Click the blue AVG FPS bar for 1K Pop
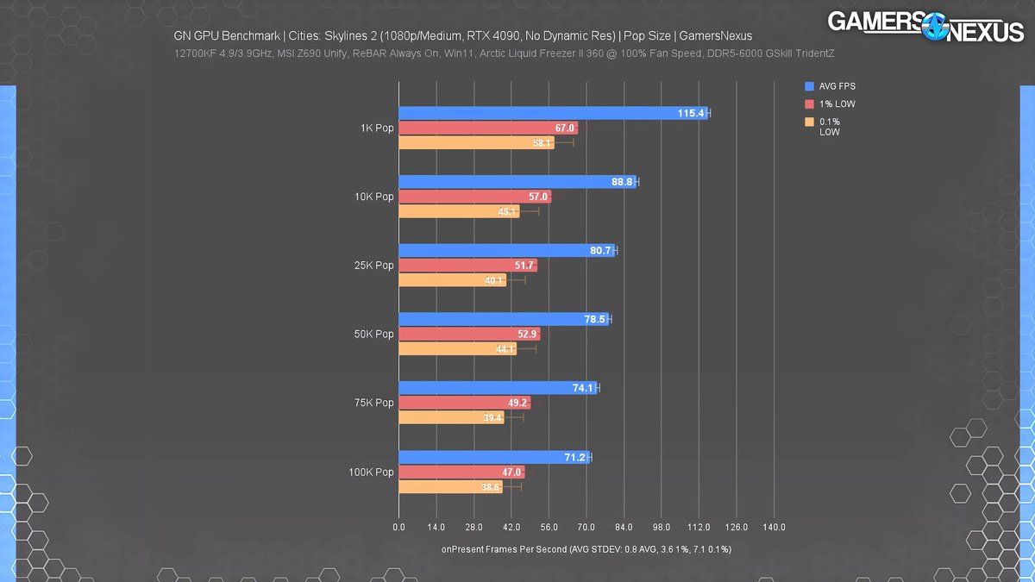click(552, 113)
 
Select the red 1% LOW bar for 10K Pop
click(474, 197)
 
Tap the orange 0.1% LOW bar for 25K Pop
click(452, 280)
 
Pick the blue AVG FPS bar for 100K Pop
click(493, 457)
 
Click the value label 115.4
click(691, 113)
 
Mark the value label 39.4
click(492, 418)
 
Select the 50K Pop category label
click(373, 335)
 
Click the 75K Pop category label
click(373, 403)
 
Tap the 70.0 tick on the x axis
click(586, 527)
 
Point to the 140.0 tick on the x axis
click(774, 527)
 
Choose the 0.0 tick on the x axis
click(398, 527)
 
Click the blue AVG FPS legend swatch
click(809, 86)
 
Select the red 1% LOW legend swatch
click(809, 104)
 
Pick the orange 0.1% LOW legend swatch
click(809, 122)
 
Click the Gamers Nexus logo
click(925, 26)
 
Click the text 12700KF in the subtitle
click(195, 53)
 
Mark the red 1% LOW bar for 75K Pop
click(464, 403)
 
